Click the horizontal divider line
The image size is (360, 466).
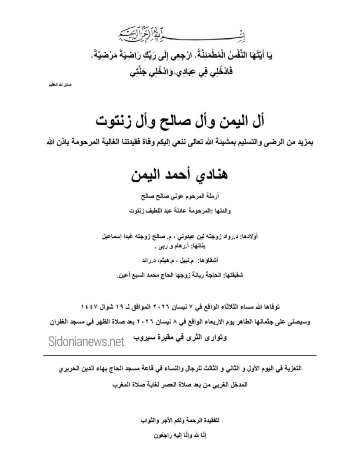180,356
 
